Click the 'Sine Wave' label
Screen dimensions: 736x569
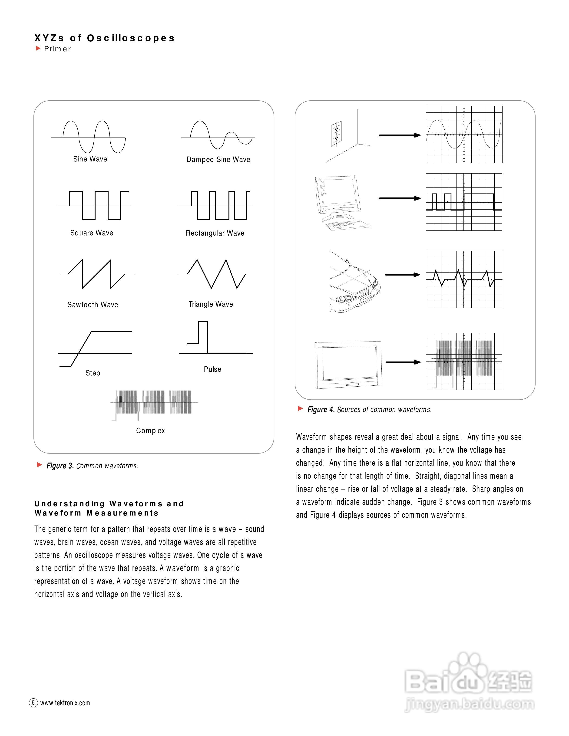(x=90, y=159)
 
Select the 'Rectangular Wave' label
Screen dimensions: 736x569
(x=215, y=233)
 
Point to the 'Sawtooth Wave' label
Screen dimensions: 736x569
(x=93, y=305)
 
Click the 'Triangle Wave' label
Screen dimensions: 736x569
(x=211, y=304)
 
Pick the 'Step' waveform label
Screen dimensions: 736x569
(x=93, y=373)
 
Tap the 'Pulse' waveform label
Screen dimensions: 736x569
(x=212, y=369)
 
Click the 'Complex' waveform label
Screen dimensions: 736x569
(x=150, y=431)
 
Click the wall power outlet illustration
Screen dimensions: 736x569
(x=336, y=134)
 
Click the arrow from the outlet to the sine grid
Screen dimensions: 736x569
(x=400, y=135)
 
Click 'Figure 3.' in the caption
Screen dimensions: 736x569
(x=60, y=466)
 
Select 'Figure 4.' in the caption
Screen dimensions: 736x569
(x=321, y=409)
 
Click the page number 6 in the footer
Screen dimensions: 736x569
(x=33, y=703)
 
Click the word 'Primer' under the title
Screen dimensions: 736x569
(x=58, y=49)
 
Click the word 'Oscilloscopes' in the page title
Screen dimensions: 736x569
(x=131, y=38)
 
